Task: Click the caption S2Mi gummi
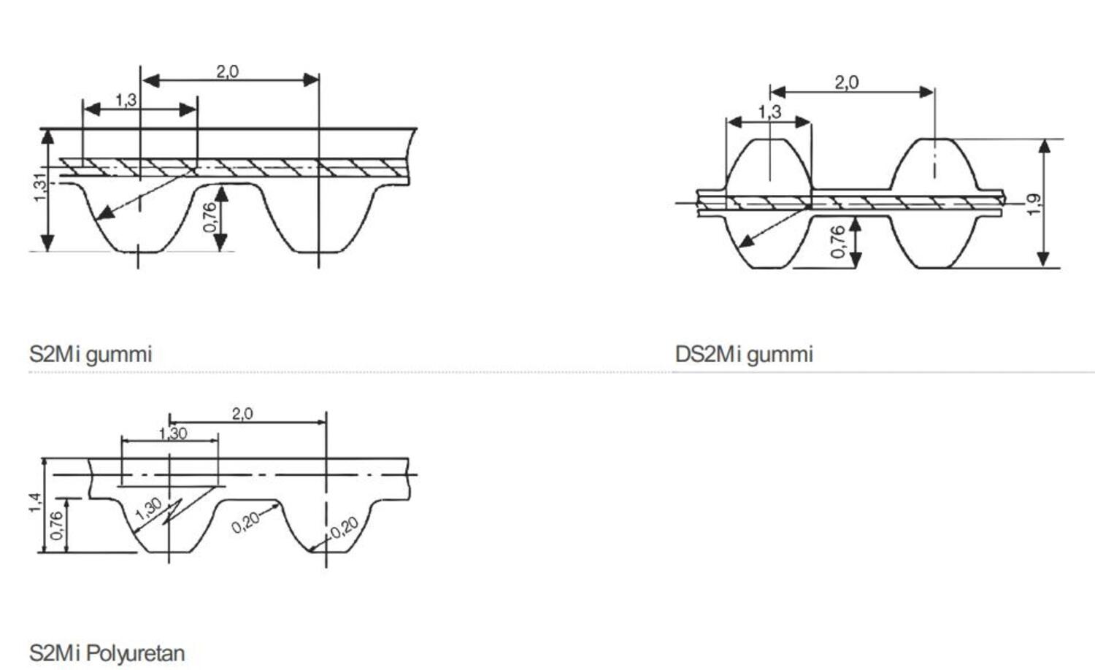tap(91, 355)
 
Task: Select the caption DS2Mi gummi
tap(744, 355)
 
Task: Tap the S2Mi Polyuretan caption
tap(107, 653)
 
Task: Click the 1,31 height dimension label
tap(41, 188)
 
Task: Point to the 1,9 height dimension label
tap(1034, 205)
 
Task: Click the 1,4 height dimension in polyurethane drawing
tap(35, 503)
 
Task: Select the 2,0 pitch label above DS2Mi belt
tap(846, 82)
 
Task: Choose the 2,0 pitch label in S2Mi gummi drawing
tap(227, 72)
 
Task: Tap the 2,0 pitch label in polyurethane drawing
tap(242, 414)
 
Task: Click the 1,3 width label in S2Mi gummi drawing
tap(126, 100)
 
